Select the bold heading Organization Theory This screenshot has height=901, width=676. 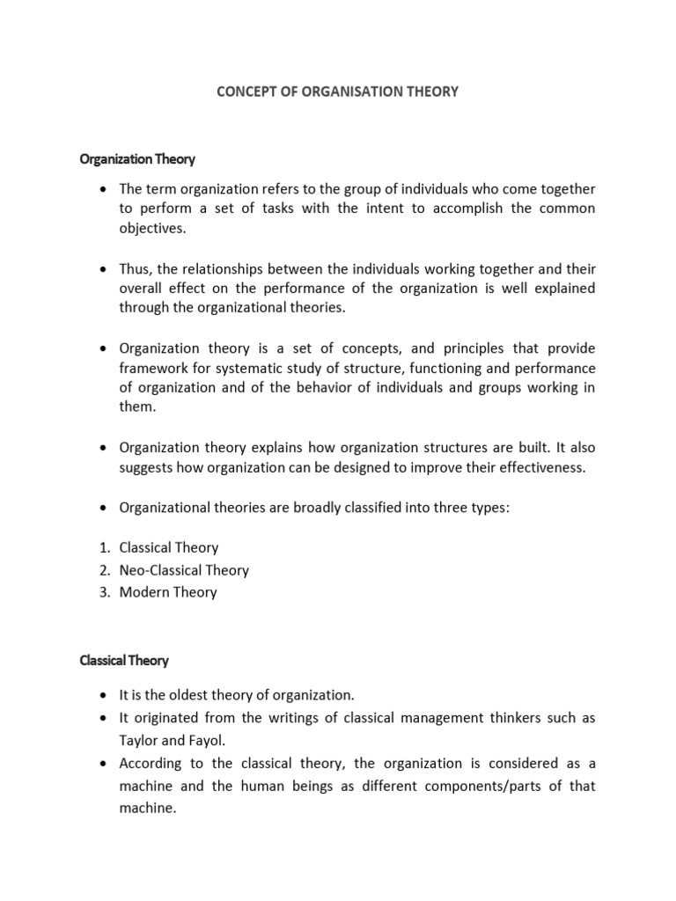click(x=137, y=159)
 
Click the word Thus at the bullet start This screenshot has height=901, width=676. click(x=136, y=269)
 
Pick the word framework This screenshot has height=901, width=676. click(x=153, y=367)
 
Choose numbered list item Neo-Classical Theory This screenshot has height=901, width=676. click(x=184, y=570)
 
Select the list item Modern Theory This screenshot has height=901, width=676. click(x=168, y=592)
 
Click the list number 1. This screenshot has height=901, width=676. click(x=104, y=548)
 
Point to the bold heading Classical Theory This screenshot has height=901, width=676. click(x=124, y=660)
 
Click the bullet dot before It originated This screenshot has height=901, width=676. click(x=103, y=719)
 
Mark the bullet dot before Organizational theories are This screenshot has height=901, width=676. click(x=103, y=509)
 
